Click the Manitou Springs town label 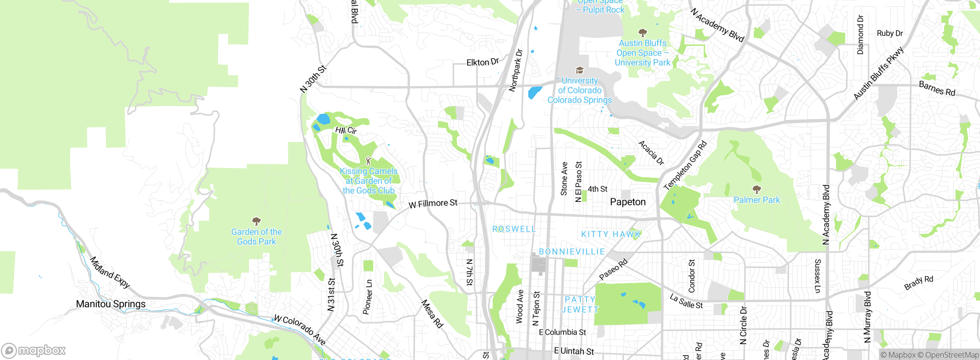[111, 304]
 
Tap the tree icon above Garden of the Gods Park [256, 221]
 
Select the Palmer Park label [756, 200]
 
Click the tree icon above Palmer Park [756, 189]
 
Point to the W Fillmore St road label [433, 203]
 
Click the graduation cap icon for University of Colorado [580, 70]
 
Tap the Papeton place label [627, 202]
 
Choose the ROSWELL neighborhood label [514, 229]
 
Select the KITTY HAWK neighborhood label [610, 234]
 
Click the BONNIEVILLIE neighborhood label [572, 252]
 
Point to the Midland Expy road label [109, 272]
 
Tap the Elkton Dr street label [482, 62]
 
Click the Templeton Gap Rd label [685, 166]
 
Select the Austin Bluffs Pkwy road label [879, 74]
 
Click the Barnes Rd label [937, 89]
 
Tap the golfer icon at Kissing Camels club [368, 160]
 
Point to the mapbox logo [34, 350]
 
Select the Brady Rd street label [918, 283]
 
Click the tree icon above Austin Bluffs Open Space [642, 33]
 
